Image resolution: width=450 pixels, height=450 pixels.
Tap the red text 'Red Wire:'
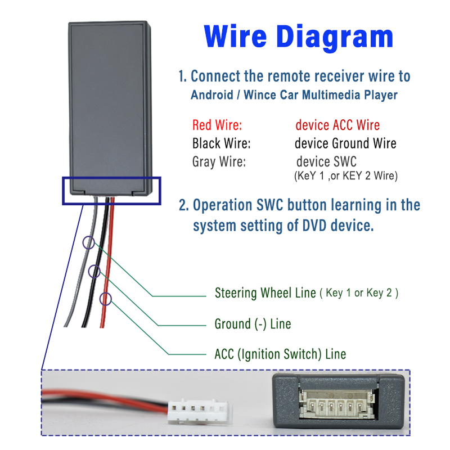[x=217, y=125]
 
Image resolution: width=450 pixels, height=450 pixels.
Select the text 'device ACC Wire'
[x=337, y=125]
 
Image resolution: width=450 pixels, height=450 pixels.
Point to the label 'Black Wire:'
[x=221, y=143]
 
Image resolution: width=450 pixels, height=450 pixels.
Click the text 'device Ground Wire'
[x=345, y=143]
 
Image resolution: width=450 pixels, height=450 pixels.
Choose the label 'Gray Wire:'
[x=219, y=162]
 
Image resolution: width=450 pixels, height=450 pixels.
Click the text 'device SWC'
[x=326, y=162]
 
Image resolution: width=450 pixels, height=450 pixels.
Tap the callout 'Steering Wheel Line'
[x=265, y=293]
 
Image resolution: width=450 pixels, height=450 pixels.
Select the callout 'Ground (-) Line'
[x=253, y=324]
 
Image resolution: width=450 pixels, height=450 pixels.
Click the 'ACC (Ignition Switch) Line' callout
[x=280, y=354]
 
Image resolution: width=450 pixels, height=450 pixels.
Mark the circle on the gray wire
[x=89, y=242]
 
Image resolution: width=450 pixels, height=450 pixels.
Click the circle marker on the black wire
[x=94, y=272]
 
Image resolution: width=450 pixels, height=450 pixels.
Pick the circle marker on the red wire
[x=106, y=299]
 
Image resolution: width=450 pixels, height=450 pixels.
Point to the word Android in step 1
[x=211, y=94]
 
